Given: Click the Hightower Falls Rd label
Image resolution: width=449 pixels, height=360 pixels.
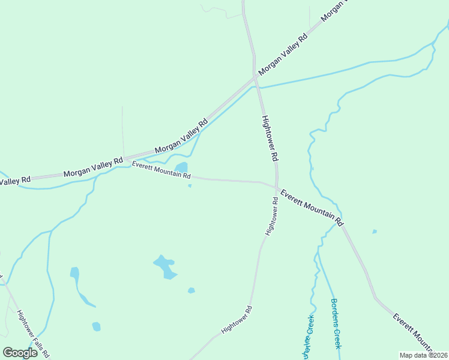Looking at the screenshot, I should click(x=33, y=334).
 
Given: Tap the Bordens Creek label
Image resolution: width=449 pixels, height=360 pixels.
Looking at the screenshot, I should click(x=336, y=323).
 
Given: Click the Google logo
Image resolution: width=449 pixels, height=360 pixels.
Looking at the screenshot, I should click(x=20, y=352).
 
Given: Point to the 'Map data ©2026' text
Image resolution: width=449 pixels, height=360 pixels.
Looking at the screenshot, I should click(x=423, y=355).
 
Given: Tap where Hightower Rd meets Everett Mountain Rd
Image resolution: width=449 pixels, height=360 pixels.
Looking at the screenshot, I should click(x=277, y=188).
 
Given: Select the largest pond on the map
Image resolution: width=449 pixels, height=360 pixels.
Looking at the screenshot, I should click(x=165, y=266).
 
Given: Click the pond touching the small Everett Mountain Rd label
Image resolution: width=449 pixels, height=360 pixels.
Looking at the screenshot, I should click(x=181, y=167).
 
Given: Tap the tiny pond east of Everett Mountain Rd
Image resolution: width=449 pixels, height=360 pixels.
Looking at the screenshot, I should click(x=375, y=231).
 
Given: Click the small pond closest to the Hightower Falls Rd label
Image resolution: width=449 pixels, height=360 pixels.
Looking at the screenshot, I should click(x=96, y=326).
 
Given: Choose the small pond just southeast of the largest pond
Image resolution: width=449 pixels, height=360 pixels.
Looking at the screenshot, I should click(x=191, y=290).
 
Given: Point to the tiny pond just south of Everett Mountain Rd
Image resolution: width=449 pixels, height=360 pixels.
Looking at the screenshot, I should click(x=190, y=186).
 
